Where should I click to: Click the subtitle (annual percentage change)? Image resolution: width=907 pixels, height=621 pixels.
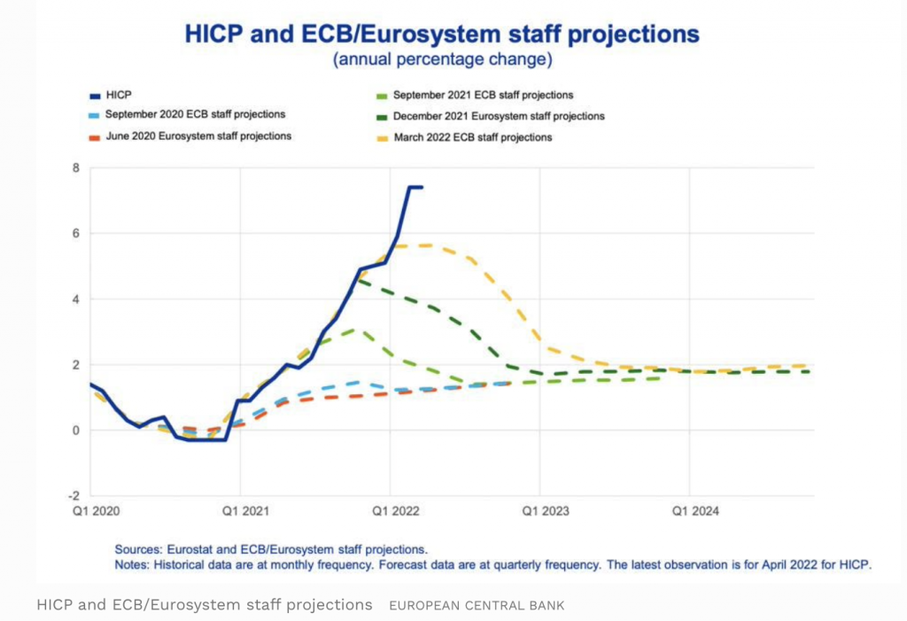coord(443,60)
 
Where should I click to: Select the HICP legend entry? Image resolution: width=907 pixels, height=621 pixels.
coord(118,95)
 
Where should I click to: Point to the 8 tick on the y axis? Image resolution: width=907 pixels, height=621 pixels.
coord(76,167)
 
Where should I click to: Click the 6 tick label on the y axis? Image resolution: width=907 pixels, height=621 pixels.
coord(76,233)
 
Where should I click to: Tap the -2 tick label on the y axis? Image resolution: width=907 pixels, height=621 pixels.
coord(74,495)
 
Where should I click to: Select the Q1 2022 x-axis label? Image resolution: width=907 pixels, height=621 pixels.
coord(392,511)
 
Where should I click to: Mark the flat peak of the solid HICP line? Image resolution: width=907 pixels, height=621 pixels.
coord(415,187)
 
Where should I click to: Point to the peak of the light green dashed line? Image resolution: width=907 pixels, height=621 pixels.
coord(354,330)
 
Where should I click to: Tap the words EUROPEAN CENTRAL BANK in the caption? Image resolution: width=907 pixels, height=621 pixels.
coord(477,605)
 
